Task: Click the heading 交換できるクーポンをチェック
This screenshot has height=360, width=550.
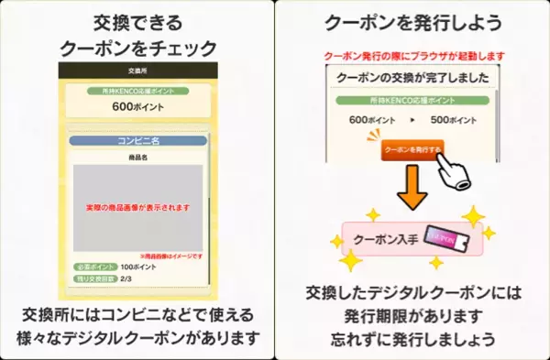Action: point(137,33)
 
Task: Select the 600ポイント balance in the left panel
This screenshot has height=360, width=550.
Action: point(137,105)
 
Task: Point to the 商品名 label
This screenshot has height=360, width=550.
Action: point(137,158)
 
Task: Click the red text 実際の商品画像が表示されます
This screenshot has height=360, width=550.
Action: point(137,208)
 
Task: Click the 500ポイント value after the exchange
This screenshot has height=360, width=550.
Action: point(455,120)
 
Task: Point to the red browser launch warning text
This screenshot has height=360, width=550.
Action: point(412,57)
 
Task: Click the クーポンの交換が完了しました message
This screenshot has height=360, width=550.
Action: point(412,79)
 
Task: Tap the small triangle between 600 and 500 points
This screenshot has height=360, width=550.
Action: point(412,120)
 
